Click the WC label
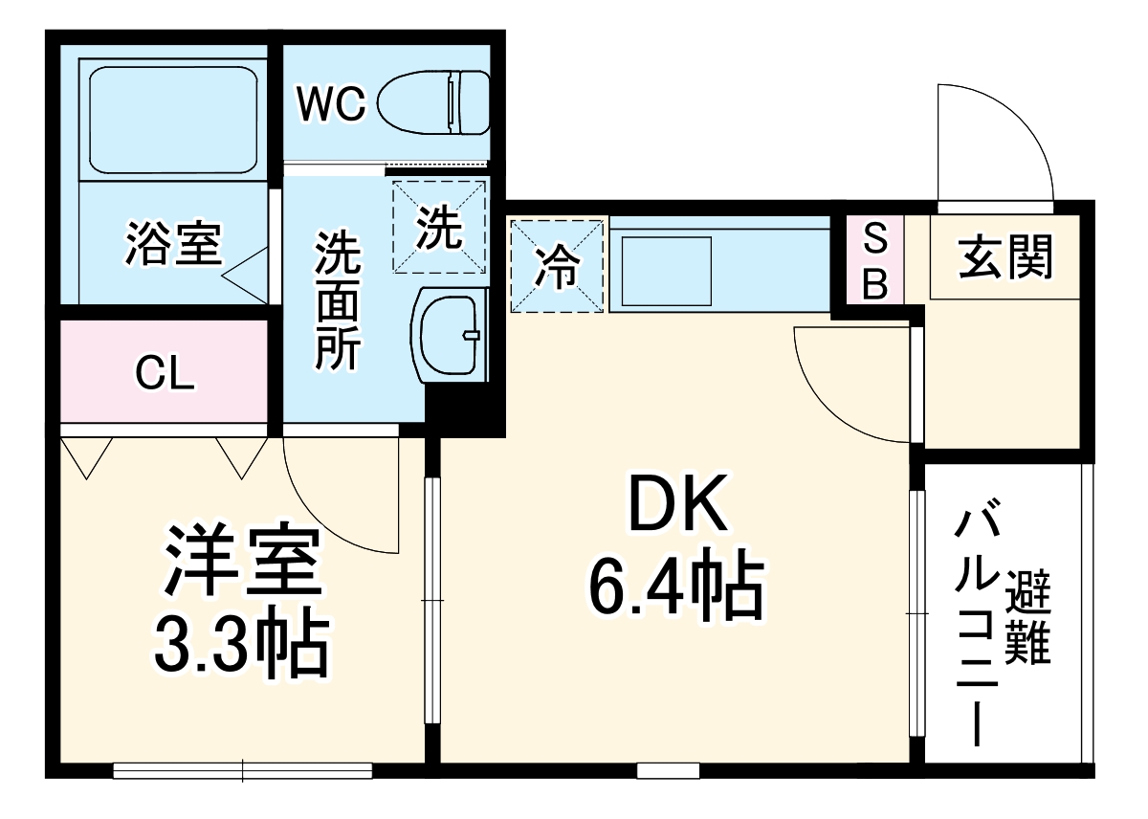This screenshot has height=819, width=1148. click(330, 104)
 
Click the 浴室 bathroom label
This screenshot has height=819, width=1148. click(173, 244)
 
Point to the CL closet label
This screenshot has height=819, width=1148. click(165, 373)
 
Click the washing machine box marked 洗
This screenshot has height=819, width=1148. click(439, 228)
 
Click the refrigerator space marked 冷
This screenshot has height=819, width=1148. click(558, 266)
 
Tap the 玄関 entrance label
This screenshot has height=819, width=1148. click(1005, 255)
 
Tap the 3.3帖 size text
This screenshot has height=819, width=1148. click(241, 642)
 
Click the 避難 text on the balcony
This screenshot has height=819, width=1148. click(1029, 617)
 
